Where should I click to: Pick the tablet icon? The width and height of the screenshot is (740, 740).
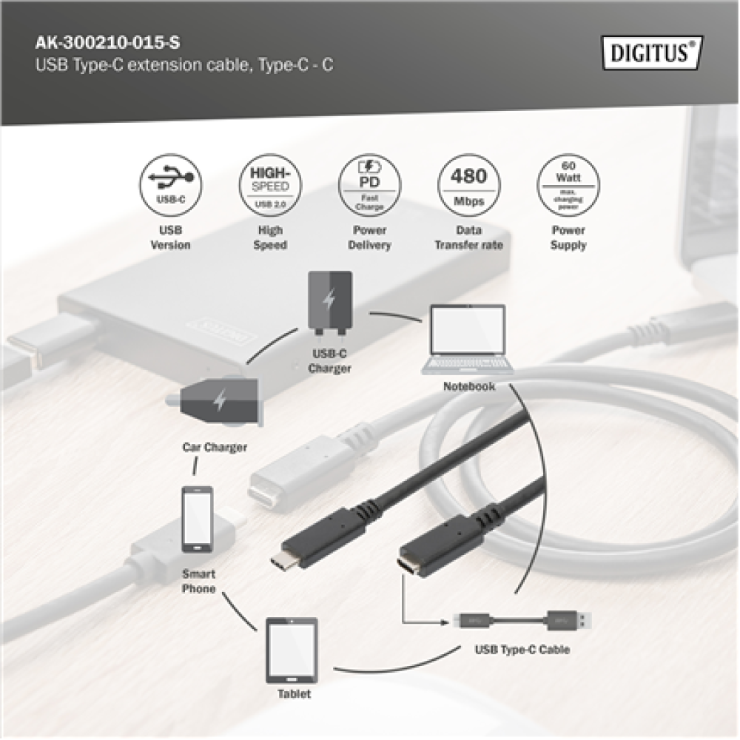(292, 650)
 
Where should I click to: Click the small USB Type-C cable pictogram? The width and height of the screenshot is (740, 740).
(525, 619)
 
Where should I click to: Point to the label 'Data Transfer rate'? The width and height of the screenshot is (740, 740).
(468, 238)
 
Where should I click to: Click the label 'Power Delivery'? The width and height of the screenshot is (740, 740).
(369, 238)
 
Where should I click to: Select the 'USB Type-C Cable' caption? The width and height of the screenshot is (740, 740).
(522, 651)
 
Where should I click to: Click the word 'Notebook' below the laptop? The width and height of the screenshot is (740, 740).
(469, 386)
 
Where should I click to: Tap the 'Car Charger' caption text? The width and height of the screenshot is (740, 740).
(215, 448)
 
